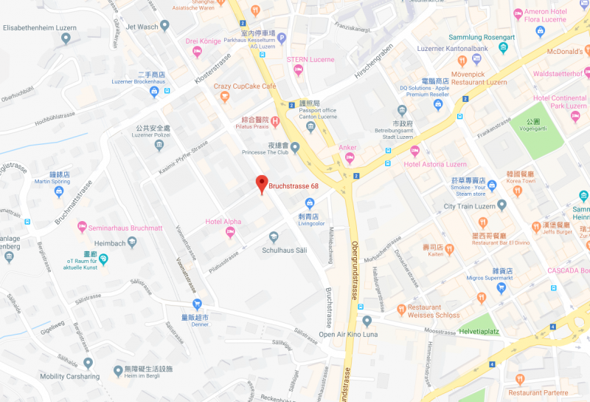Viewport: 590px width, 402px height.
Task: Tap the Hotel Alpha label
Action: tap(223, 221)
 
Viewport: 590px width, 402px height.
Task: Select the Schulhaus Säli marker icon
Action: tap(273, 236)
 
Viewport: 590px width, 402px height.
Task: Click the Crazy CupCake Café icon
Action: tap(266, 86)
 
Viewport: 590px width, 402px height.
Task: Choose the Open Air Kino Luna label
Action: tap(347, 334)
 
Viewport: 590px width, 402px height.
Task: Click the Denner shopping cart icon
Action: tap(197, 304)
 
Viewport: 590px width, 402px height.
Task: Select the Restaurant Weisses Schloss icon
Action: tap(401, 309)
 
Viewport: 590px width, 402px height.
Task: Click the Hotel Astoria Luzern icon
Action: tap(414, 151)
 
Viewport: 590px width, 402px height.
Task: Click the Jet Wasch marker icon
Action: tap(165, 26)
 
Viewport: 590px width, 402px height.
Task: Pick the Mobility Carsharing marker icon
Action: tap(88, 363)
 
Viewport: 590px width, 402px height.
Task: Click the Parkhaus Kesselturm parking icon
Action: tap(281, 39)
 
